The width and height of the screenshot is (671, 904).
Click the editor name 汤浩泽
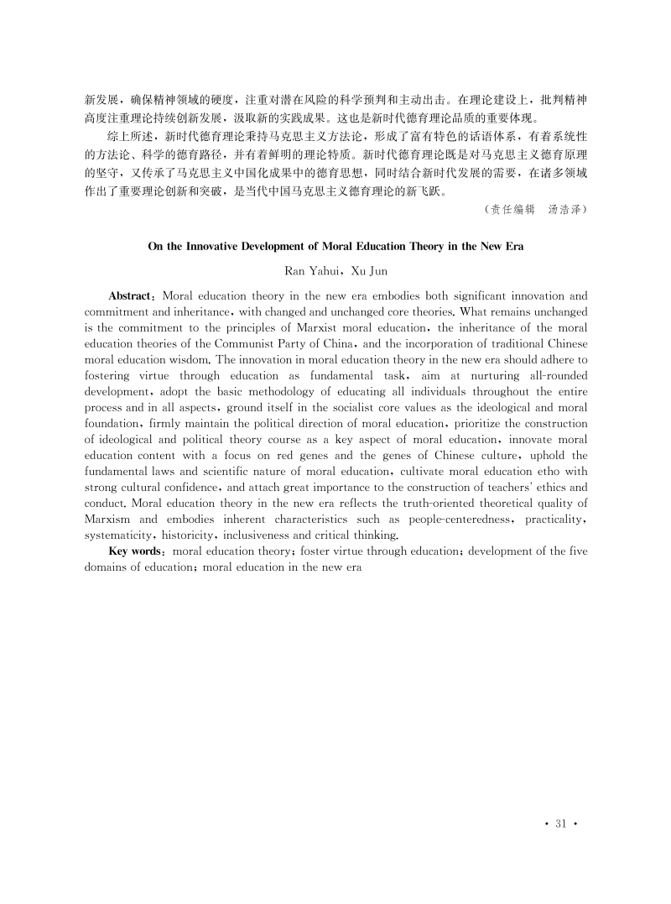click(x=567, y=209)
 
